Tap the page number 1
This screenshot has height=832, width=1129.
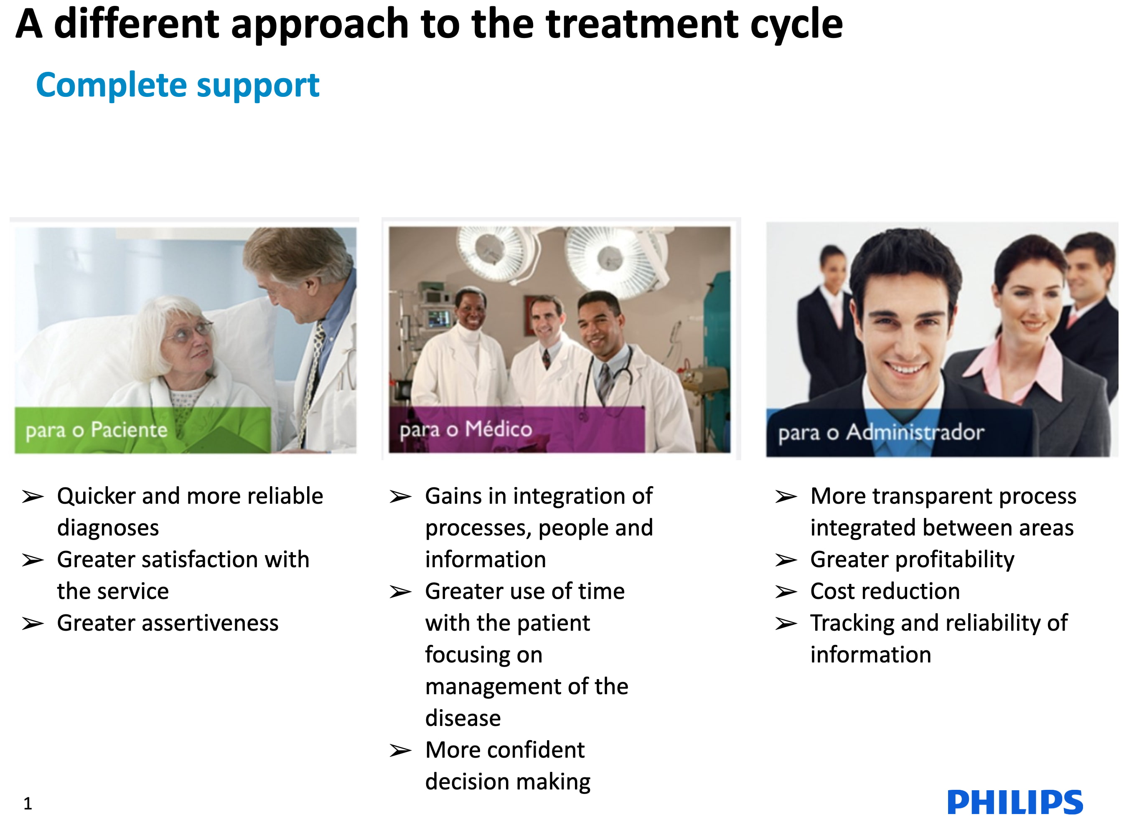(28, 803)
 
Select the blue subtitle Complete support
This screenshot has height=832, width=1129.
(177, 85)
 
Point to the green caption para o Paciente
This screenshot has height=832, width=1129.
(96, 430)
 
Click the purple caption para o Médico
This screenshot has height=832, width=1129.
(465, 429)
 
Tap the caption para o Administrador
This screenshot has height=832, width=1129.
(881, 433)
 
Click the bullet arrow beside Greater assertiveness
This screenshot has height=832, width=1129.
(33, 624)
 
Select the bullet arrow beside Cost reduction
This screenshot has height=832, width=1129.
(786, 592)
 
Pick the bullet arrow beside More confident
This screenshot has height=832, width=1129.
(401, 751)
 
